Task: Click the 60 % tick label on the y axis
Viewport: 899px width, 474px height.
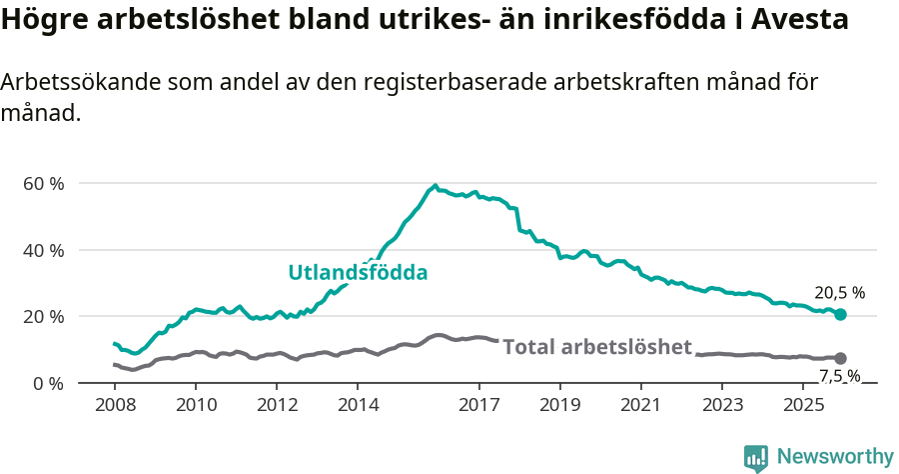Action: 43,184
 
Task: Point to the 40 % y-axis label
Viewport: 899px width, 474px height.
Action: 43,250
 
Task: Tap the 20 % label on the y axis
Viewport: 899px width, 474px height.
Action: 43,317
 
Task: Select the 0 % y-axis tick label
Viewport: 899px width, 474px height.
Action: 47,383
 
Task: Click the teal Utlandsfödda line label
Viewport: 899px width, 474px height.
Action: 358,272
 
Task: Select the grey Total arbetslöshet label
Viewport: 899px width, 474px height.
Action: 596,347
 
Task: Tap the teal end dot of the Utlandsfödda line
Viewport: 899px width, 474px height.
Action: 840,314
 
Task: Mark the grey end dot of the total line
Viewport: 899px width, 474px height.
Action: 840,358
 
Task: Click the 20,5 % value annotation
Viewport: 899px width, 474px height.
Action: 839,293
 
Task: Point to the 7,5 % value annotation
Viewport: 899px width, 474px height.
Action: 839,376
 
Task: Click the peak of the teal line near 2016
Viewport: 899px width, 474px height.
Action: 435,185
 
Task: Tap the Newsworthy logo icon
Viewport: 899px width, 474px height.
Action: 756,458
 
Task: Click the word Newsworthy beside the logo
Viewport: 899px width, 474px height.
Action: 834,457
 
